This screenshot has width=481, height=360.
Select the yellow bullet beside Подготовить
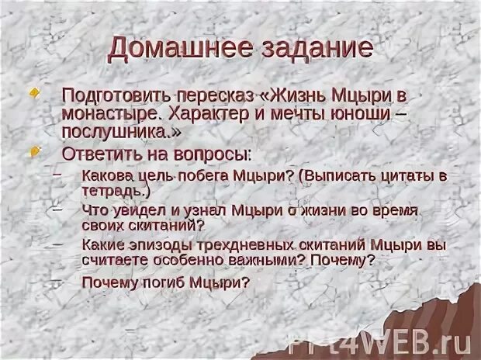coord(33,92)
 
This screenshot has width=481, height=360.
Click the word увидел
coord(129,210)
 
